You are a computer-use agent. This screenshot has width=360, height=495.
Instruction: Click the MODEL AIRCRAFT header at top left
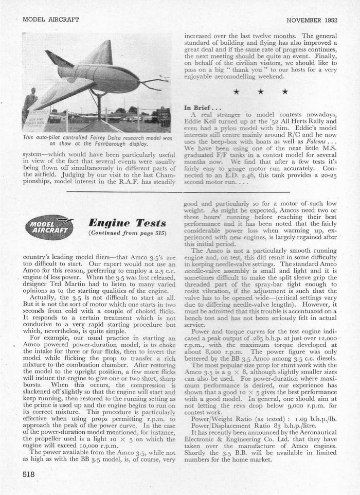[x=51, y=20]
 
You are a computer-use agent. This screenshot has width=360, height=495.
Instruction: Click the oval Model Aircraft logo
[x=49, y=227]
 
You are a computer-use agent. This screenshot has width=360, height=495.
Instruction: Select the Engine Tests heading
[x=127, y=223]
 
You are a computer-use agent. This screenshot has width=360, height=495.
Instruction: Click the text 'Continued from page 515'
[x=127, y=233]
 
